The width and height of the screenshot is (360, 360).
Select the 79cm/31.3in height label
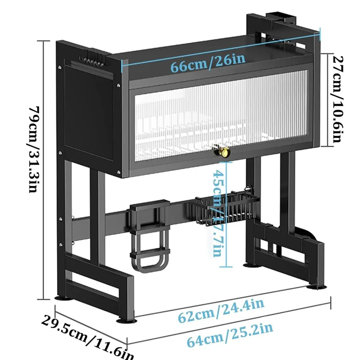click(34, 149)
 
